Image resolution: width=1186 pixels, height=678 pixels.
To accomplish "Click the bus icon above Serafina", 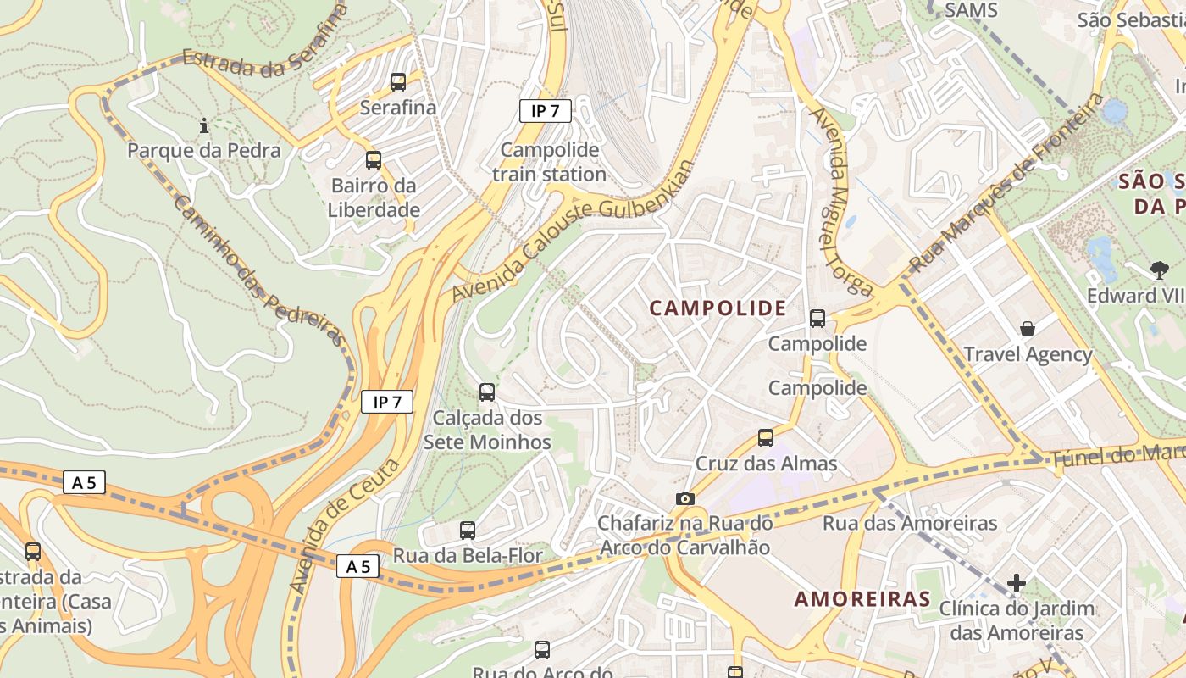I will (398, 82).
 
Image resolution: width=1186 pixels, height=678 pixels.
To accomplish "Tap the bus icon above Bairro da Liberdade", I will (374, 159).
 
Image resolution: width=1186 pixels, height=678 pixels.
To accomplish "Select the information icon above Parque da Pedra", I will (203, 126).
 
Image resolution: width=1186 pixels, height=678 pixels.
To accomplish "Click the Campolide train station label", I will (549, 162).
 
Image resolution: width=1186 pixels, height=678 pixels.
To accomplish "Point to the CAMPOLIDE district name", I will (718, 308).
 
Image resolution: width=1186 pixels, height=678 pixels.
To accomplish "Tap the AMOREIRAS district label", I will (862, 599).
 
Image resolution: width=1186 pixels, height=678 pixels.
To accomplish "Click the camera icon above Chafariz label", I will (685, 498).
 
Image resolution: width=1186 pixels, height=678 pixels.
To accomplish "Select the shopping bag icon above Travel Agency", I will (1028, 328).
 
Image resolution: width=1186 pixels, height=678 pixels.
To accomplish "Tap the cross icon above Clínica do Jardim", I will (1017, 583).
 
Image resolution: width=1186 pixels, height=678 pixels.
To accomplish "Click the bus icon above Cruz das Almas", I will (766, 437).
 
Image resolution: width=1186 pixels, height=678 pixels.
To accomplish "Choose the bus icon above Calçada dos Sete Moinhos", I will (487, 392).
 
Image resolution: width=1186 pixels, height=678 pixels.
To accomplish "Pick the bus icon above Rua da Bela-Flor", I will (468, 531).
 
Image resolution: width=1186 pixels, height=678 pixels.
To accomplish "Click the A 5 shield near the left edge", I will (84, 483).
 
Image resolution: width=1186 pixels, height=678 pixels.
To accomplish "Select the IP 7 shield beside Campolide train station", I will (546, 110).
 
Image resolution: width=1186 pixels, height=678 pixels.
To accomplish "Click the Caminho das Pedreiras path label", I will (259, 271).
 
